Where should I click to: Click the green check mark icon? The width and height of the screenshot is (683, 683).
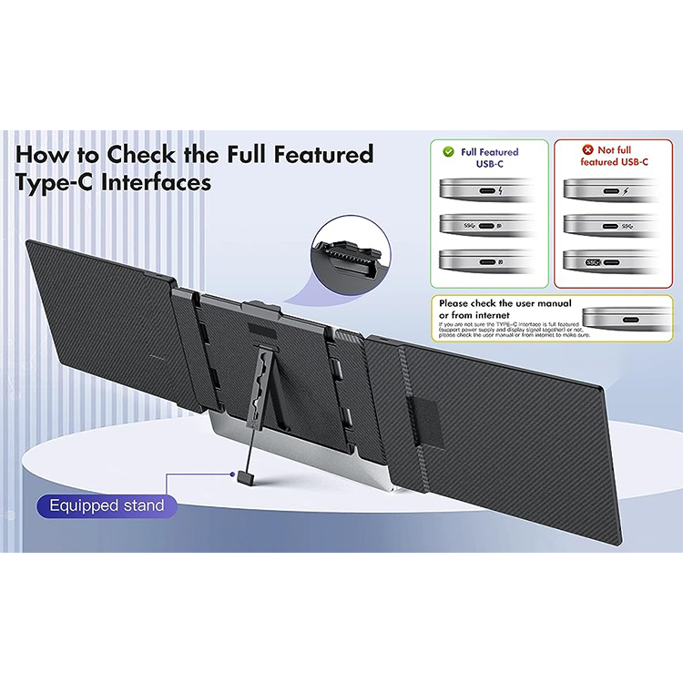[x=447, y=153]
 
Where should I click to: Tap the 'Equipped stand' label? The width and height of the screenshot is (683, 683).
[x=107, y=505]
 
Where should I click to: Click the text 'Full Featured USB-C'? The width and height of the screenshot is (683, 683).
[x=490, y=158]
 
